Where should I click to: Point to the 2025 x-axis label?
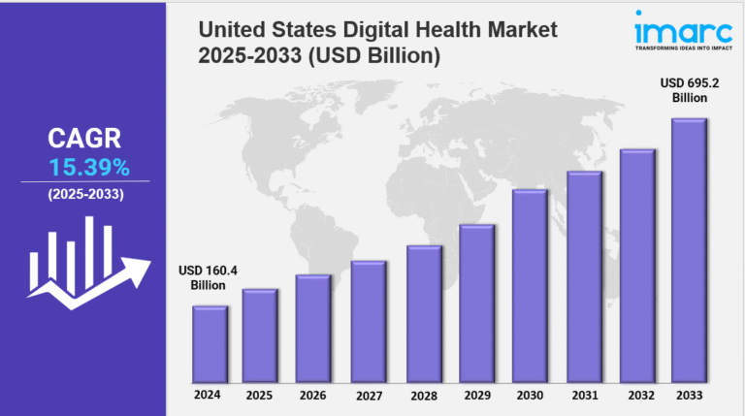[x=260, y=395]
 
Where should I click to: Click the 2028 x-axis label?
[x=423, y=395]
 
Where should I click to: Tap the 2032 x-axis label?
[x=637, y=395]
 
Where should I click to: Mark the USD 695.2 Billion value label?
[x=690, y=89]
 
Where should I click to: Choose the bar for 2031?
[x=583, y=275]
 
